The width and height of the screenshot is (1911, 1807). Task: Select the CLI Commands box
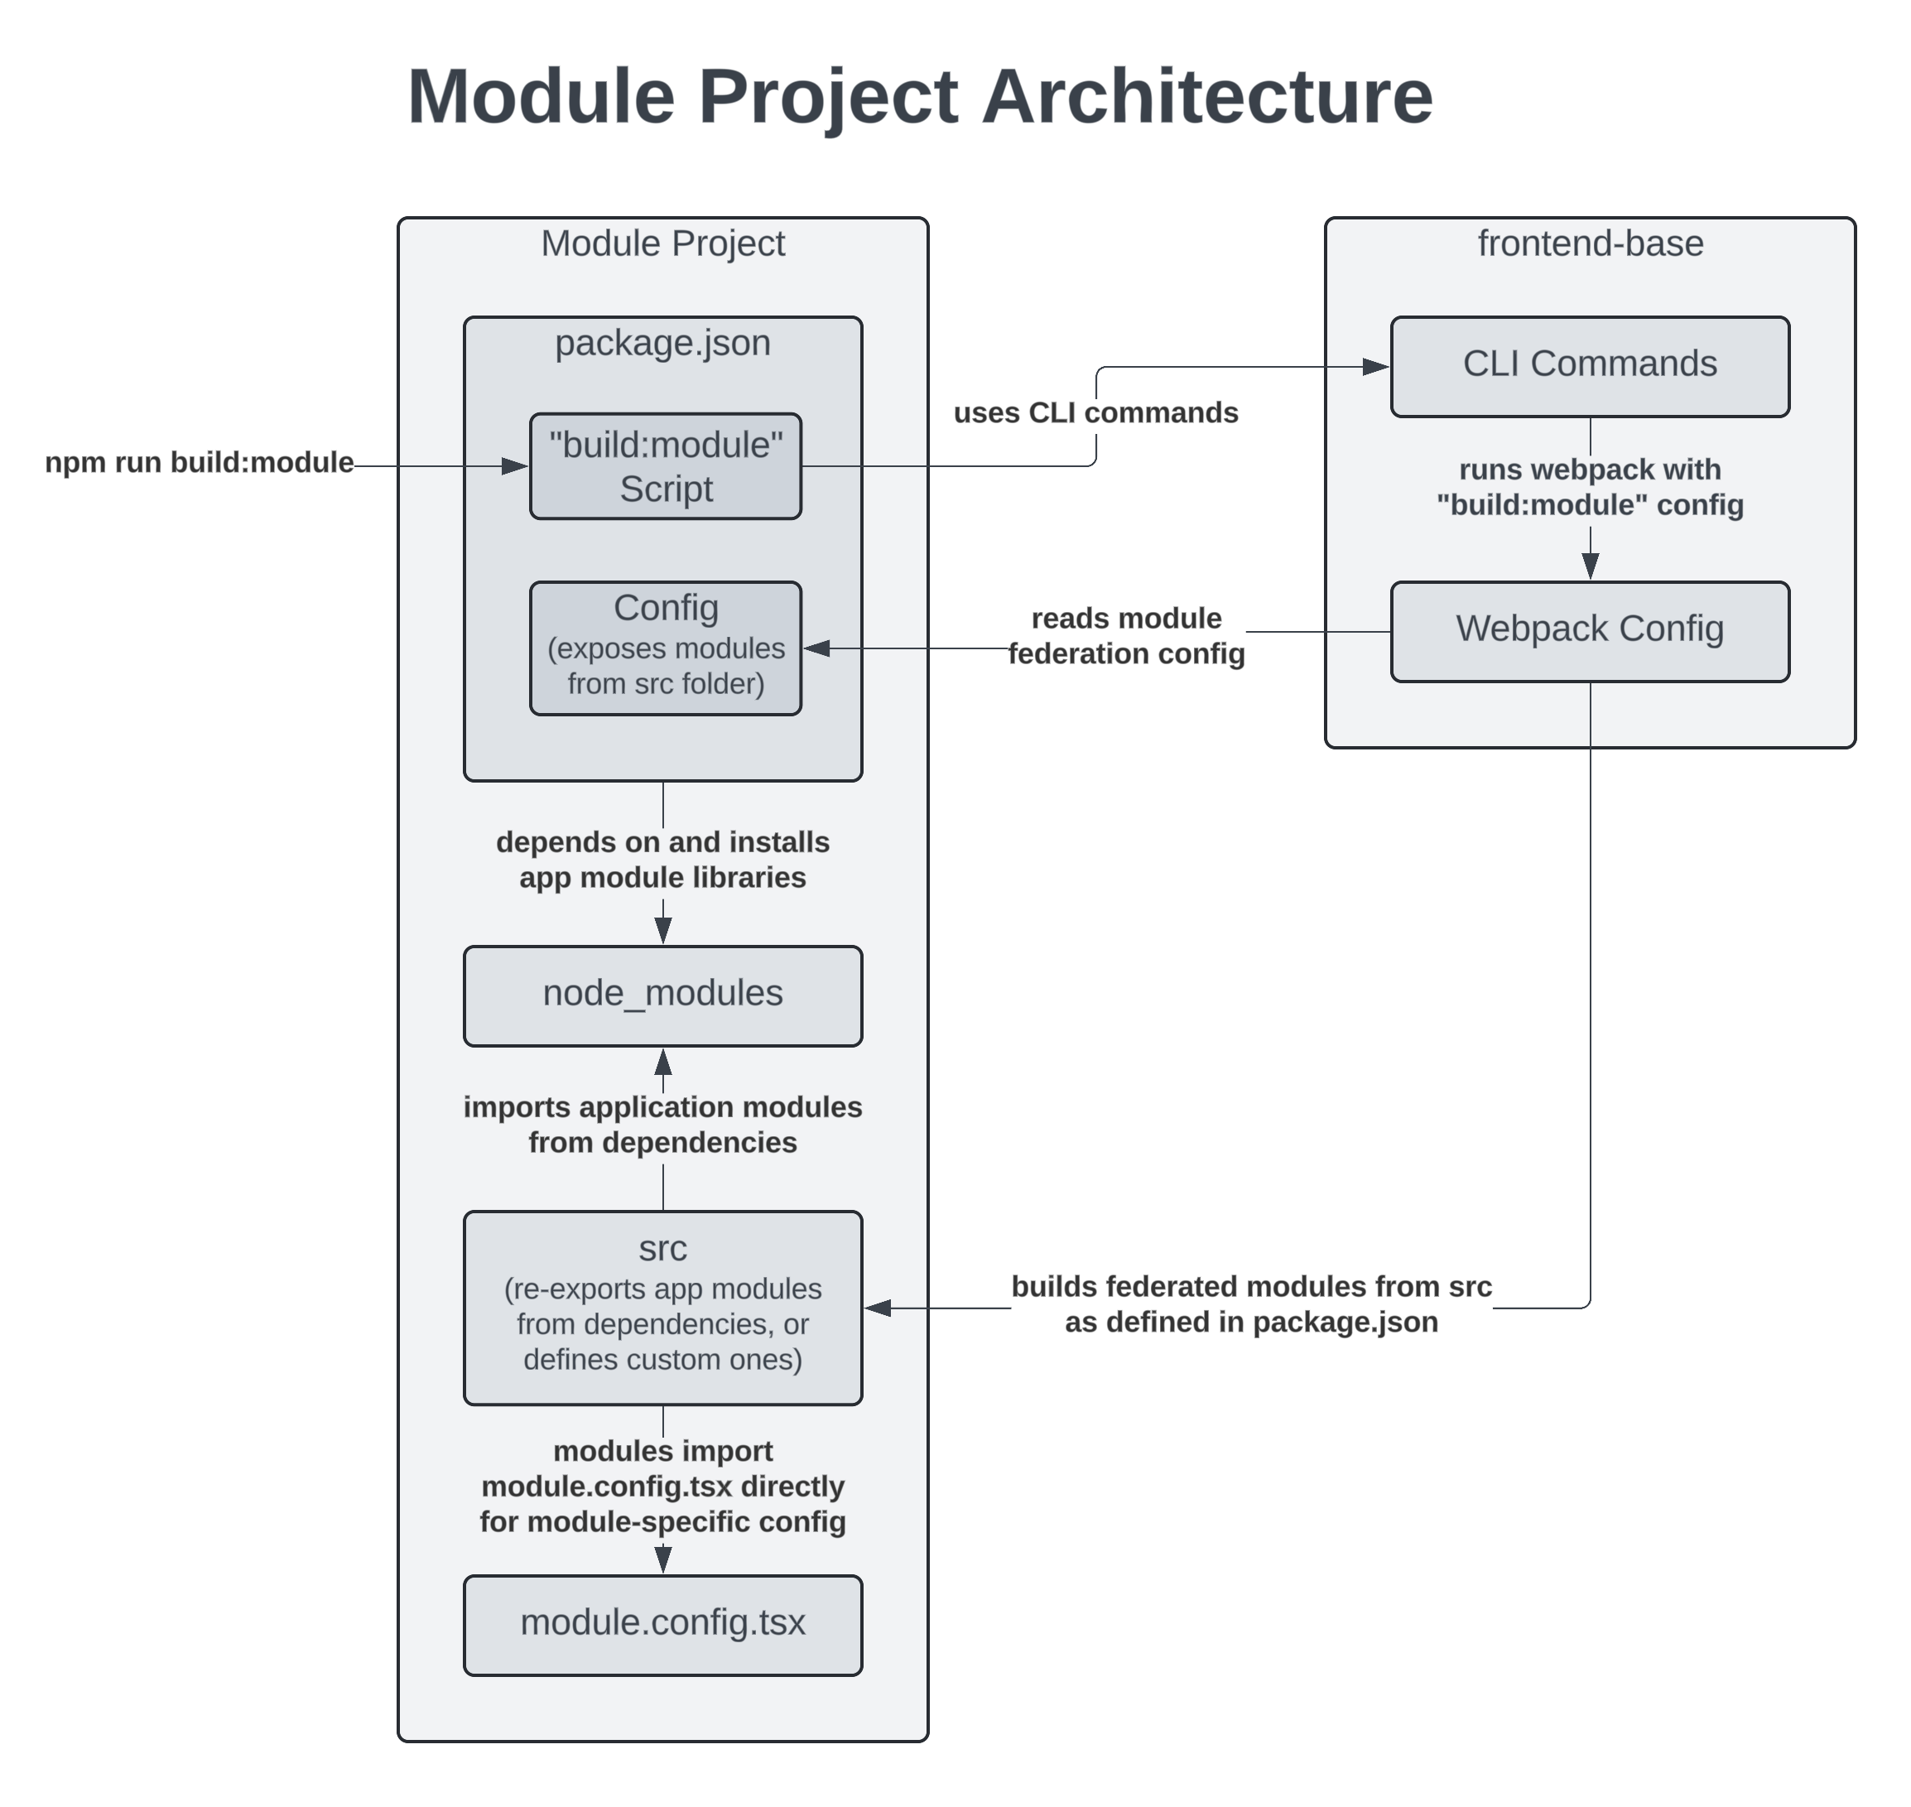1589,366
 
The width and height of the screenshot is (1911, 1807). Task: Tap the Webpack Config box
1589,631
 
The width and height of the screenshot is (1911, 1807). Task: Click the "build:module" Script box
665,466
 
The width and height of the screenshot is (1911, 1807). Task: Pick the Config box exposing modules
665,648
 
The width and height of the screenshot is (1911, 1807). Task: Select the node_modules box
662,995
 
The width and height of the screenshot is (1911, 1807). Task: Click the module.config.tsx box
662,1624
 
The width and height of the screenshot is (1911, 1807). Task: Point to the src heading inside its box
662,1247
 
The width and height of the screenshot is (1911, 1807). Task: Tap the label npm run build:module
200,462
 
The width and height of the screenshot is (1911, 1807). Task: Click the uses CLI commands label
1095,412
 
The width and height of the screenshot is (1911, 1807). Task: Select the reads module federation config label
1126,636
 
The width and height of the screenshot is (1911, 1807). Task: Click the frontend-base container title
1589,243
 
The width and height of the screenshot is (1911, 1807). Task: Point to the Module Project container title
662,243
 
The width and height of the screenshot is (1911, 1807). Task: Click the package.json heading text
662,343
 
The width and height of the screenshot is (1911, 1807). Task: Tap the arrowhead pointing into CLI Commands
1375,366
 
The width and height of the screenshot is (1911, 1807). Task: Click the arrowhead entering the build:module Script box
514,466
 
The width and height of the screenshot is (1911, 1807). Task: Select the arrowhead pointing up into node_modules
662,1062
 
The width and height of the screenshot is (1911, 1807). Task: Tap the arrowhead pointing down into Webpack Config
1591,566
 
